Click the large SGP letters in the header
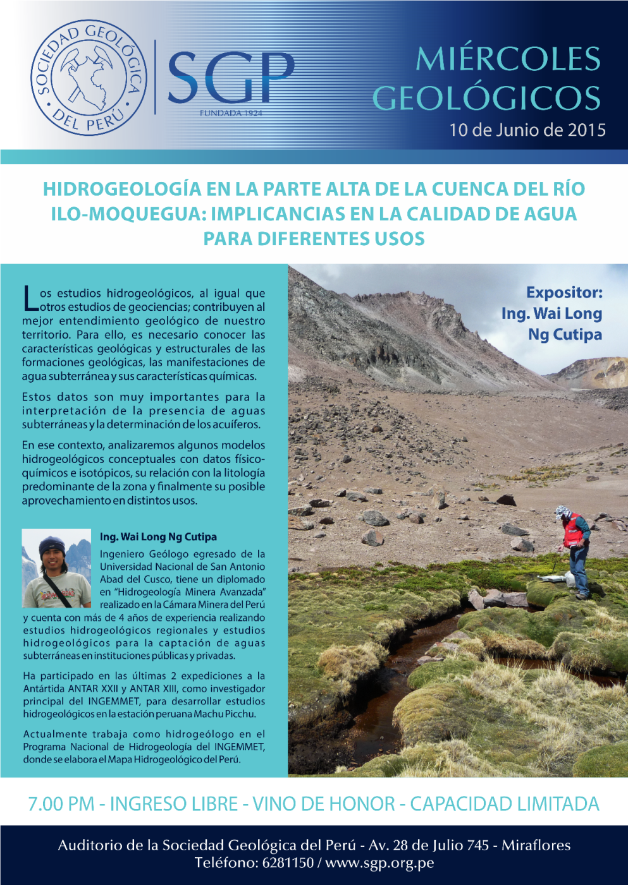click(x=231, y=78)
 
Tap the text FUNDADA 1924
click(x=231, y=113)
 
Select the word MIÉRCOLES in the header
click(x=508, y=59)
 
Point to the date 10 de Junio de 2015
click(x=527, y=130)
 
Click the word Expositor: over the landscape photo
click(x=564, y=292)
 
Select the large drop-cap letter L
click(x=30, y=298)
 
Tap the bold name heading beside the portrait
click(x=158, y=537)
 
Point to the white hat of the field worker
click(x=562, y=510)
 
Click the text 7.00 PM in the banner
click(x=61, y=804)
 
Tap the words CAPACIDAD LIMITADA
click(x=504, y=804)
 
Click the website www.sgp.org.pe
click(x=379, y=863)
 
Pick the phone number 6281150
click(x=288, y=863)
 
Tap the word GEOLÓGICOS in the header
click(x=486, y=98)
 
